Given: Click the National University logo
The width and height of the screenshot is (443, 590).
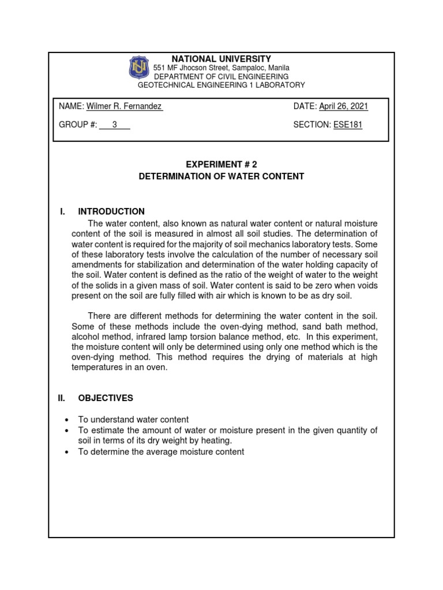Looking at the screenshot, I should point(138,70).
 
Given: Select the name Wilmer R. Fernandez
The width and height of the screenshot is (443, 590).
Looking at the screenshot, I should point(124,107).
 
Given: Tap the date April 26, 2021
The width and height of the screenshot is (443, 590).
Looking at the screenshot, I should point(343,107).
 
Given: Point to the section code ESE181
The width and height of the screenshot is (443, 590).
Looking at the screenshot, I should point(348,125).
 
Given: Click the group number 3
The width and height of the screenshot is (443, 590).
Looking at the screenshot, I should point(114,125).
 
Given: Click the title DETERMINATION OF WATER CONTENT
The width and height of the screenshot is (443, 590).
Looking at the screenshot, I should point(221,176).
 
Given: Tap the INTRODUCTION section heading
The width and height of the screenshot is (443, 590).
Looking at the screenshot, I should point(111,211).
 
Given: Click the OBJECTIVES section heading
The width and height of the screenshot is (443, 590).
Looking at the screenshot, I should point(106,398).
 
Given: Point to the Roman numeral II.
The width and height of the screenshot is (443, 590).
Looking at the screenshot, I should point(63,398).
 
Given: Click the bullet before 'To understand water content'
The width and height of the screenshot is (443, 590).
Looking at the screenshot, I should point(67,420).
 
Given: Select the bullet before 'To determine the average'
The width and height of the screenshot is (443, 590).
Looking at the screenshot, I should point(67,452).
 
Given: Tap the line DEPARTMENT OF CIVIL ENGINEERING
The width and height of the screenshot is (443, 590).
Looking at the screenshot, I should point(221,76).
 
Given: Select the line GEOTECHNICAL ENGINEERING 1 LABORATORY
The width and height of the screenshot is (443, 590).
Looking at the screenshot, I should point(221,85).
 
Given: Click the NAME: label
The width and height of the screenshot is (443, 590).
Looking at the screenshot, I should point(72,107).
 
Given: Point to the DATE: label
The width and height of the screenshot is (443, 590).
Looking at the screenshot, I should point(305,107).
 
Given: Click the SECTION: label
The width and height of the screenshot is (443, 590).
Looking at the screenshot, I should point(312,125).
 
